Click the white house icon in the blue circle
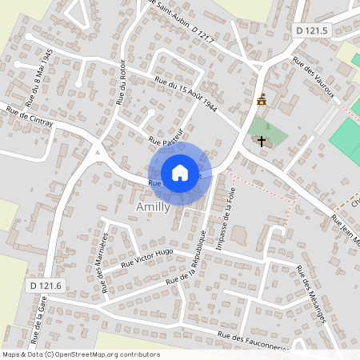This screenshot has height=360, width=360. pyautogui.click(x=180, y=173)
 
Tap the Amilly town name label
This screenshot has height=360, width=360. pyautogui.click(x=152, y=206)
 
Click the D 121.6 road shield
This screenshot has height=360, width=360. pyautogui.click(x=46, y=286)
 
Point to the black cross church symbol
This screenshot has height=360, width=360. pyautogui.click(x=261, y=140)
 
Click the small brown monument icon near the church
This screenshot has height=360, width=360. pyautogui.click(x=261, y=100)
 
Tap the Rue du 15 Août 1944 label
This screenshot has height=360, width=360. pyautogui.click(x=186, y=94)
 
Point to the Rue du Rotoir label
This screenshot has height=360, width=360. pyautogui.click(x=122, y=85)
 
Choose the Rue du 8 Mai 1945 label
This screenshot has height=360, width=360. pyautogui.click(x=38, y=77)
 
